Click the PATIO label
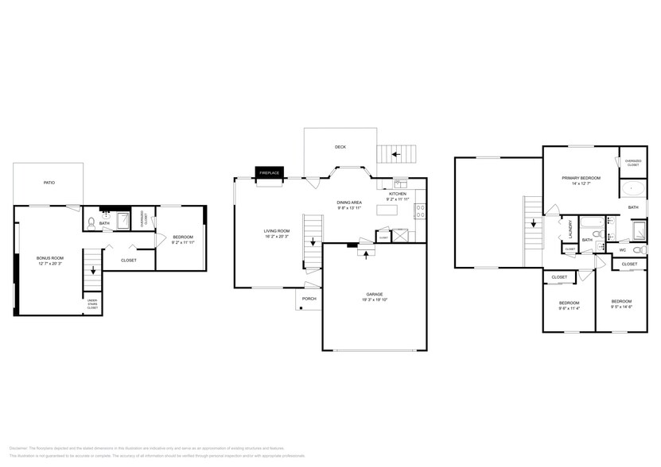point(49,183)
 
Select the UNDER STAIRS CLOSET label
point(92,303)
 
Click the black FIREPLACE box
point(268,172)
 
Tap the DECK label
point(340,147)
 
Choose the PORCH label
point(309,299)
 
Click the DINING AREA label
point(351,202)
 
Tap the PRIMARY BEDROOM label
point(581,178)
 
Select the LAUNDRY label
point(570,229)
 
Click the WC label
point(623,251)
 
